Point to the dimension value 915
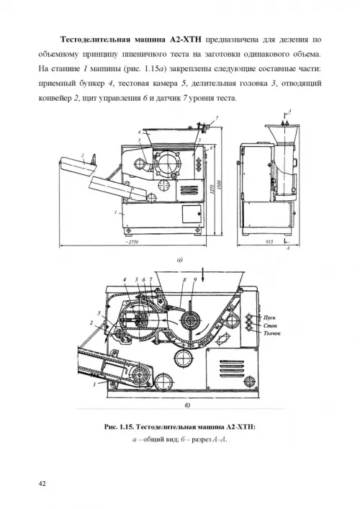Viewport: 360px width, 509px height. [270, 241]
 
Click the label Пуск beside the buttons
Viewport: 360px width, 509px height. [270, 317]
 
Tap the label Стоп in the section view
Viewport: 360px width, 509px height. [271, 325]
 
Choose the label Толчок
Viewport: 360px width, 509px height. [272, 333]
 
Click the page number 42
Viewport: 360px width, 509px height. [42, 484]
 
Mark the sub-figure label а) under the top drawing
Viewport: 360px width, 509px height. [180, 259]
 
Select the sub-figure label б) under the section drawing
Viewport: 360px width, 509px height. [187, 405]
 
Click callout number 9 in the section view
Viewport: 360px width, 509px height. [195, 279]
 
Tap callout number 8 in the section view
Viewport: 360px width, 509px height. [184, 279]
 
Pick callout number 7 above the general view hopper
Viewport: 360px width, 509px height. [217, 118]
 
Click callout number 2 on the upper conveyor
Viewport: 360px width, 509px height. [83, 156]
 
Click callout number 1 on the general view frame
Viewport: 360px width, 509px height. [116, 212]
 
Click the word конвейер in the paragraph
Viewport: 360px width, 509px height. [54, 99]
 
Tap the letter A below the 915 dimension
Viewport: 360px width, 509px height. [288, 248]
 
